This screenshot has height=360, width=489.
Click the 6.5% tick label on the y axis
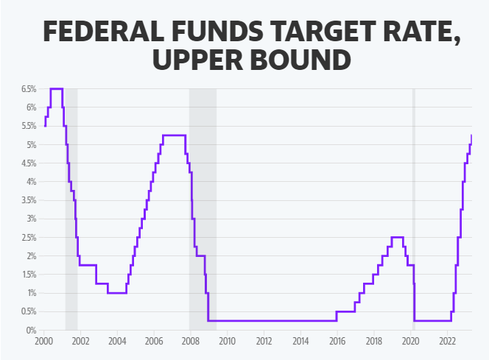(28, 89)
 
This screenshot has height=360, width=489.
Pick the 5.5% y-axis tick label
(28, 126)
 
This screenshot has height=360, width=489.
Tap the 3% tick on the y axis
(31, 219)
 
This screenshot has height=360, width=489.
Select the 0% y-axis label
(31, 331)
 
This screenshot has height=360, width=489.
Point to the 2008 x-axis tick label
(190, 341)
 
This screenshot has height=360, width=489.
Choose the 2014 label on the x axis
(300, 341)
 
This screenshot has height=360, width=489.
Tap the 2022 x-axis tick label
(447, 341)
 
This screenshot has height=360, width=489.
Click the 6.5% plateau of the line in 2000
(56, 88)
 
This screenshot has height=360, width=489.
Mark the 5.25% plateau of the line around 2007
(174, 135)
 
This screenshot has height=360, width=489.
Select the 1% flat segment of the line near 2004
(116, 293)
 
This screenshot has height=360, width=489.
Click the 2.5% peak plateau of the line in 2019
(397, 237)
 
